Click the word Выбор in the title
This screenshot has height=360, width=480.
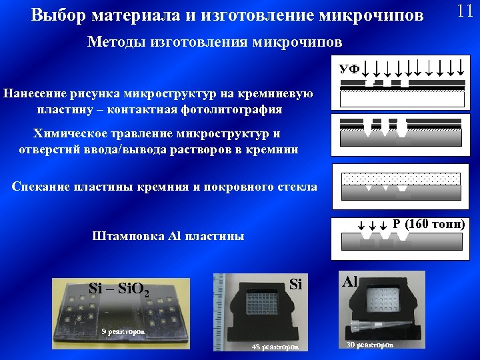pos(56,15)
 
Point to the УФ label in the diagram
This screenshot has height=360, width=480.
pos(349,69)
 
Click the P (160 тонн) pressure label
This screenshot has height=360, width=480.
pos(429,223)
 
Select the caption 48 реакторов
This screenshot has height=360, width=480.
pos(275,346)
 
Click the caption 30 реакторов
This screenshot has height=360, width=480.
pos(370,345)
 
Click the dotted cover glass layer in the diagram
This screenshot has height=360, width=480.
pos(401,179)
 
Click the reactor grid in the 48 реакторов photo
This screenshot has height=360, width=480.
pos(267,303)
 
